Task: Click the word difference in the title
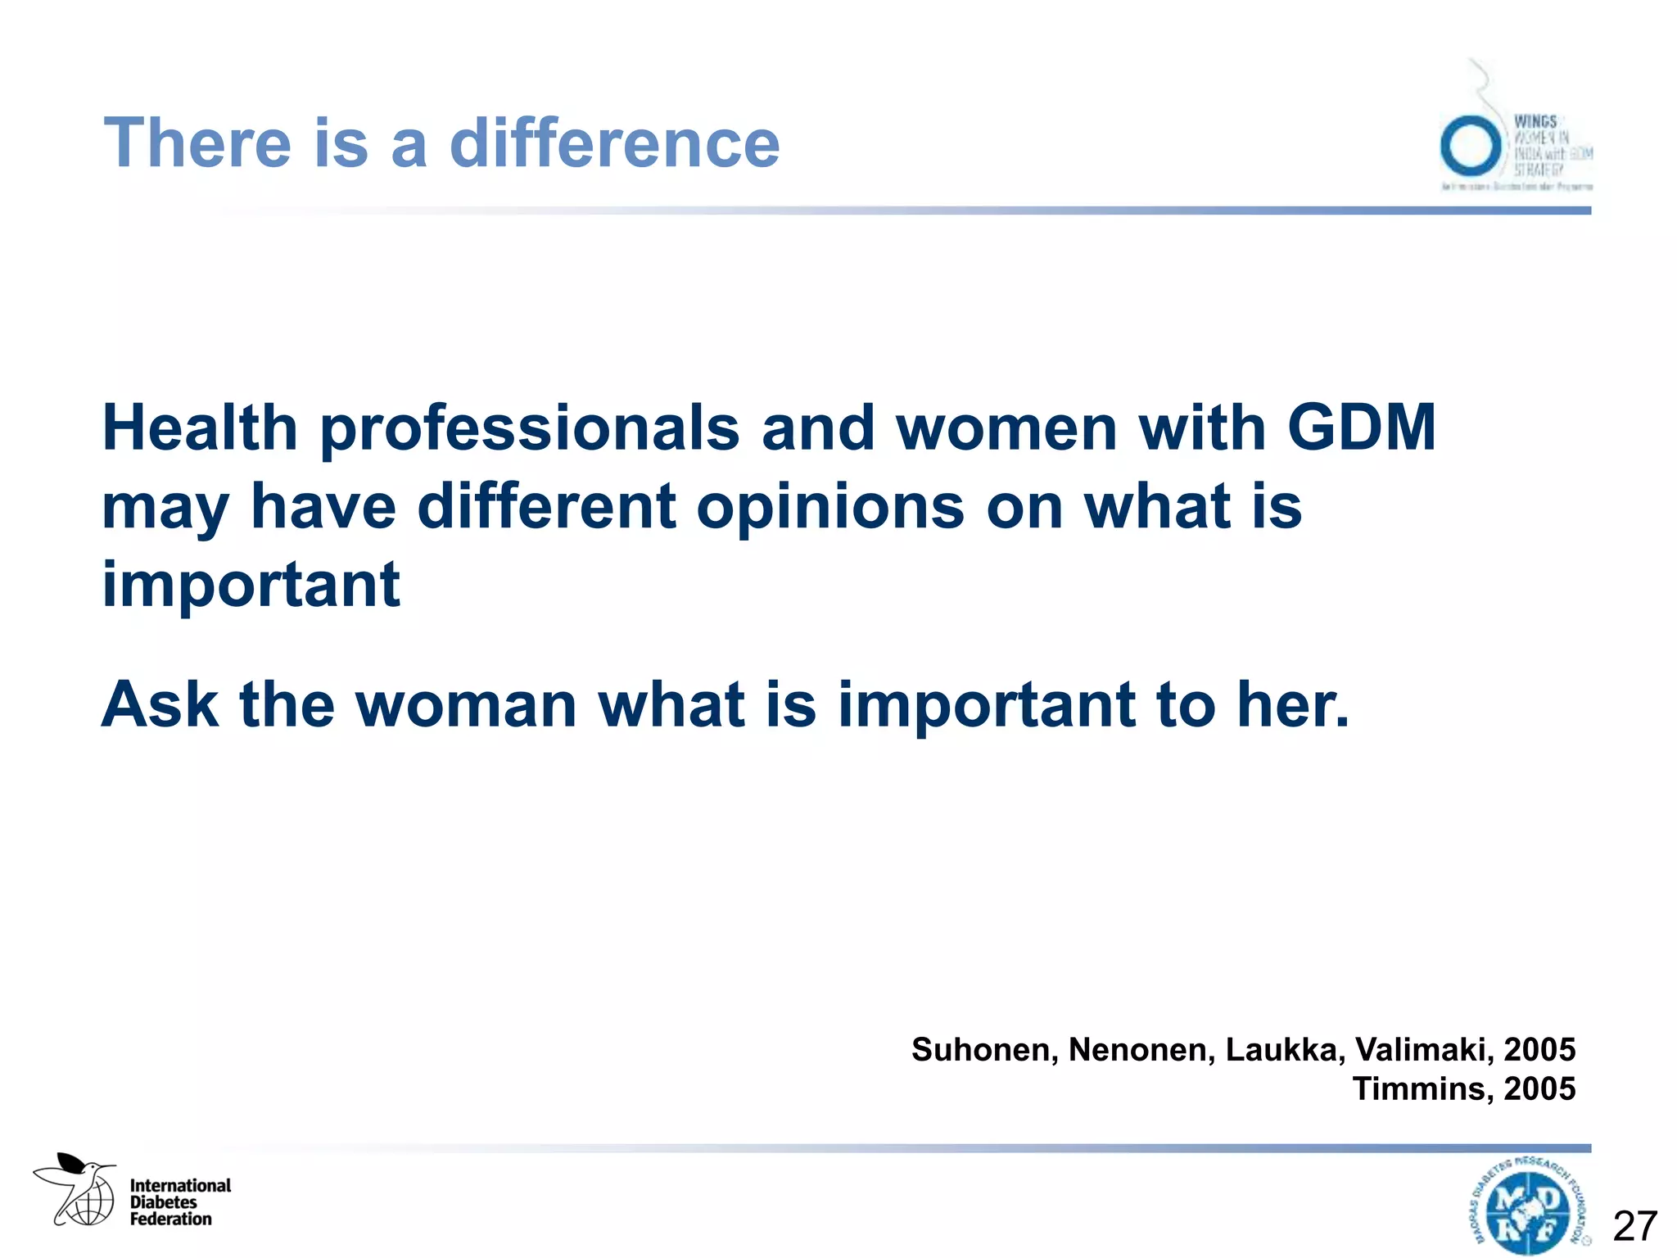[x=614, y=143]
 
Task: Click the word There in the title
[x=197, y=143]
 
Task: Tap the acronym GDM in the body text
[x=1361, y=428]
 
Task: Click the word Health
[x=200, y=428]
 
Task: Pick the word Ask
[x=160, y=704]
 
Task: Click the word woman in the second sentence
[x=466, y=706]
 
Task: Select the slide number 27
[x=1634, y=1226]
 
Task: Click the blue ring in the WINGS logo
[x=1470, y=145]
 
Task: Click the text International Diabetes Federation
[x=180, y=1202]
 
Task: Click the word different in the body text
[x=547, y=506]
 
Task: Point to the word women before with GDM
[x=1006, y=428]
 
